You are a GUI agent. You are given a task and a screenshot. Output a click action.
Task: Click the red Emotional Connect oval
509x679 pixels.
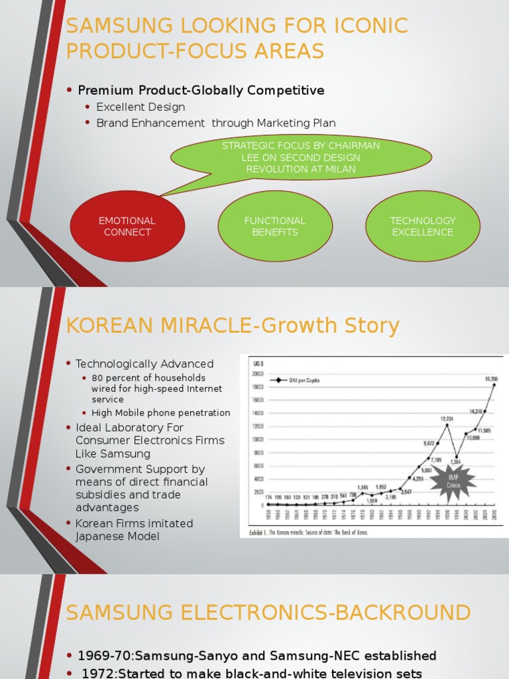127,227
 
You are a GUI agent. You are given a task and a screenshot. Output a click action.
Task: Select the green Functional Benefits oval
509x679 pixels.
275,227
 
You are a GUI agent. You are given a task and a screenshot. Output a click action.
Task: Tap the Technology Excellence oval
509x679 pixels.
423,227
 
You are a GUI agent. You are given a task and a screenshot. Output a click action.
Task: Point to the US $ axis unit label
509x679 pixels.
255,363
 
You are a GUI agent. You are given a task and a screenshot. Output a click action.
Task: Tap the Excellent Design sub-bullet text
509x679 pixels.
141,107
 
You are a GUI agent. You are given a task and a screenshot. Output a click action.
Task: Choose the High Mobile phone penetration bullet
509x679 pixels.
160,413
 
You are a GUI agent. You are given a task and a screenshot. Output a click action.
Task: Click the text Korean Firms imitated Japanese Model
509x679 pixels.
134,530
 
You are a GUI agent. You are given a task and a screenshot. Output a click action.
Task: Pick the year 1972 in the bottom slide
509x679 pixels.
96,674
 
